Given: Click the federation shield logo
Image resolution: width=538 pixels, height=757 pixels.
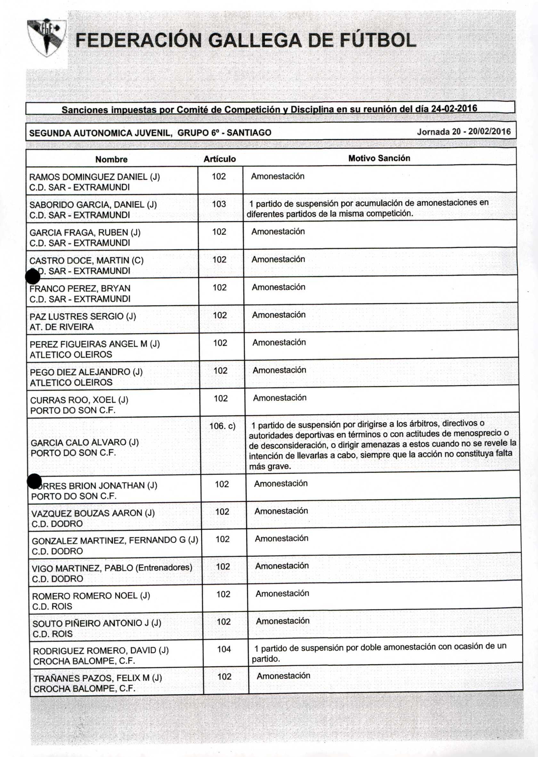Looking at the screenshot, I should [x=46, y=37].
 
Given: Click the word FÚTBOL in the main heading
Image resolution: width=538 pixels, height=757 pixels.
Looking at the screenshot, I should [x=377, y=40].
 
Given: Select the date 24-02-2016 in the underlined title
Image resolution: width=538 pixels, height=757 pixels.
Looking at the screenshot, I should [x=454, y=108].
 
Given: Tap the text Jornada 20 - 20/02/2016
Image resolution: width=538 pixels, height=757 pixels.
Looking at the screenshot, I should [x=463, y=132].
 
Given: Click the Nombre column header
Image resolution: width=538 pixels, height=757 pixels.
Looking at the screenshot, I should [x=111, y=160].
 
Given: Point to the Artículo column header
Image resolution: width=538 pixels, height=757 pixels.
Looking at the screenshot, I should [x=220, y=159].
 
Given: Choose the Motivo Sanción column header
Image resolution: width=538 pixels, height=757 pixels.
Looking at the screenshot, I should [x=379, y=158].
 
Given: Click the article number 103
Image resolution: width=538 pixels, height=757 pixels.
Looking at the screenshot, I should [x=219, y=204].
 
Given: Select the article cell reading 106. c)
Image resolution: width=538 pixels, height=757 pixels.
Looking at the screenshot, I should [x=222, y=426].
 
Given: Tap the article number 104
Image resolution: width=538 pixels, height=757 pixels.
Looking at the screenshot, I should [x=224, y=649].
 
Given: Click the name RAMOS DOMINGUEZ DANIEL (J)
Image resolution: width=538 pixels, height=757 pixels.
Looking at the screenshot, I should [x=95, y=177].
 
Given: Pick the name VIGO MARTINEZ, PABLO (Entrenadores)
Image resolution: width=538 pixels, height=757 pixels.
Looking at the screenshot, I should [x=112, y=568].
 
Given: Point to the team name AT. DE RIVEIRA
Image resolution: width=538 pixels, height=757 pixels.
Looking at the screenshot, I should [x=61, y=327].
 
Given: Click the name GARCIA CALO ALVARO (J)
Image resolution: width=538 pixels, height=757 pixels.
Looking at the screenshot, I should [x=85, y=442].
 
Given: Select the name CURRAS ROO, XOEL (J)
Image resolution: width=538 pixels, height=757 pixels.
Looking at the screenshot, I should [x=79, y=400].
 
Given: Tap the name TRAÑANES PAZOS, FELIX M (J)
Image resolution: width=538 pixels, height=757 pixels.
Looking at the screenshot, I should [x=98, y=678].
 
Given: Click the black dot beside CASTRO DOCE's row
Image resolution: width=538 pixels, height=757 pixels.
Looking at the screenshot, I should [x=32, y=277].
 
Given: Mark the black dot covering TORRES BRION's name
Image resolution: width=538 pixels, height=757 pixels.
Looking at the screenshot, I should [x=34, y=481].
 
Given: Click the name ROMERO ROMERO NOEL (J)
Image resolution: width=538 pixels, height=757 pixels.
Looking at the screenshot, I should [x=91, y=595].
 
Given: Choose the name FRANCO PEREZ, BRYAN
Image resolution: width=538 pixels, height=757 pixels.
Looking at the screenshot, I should [x=80, y=288].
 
